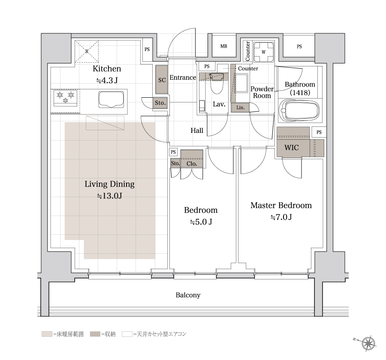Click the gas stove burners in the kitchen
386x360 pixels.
[66, 98]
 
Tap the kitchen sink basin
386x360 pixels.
[111, 99]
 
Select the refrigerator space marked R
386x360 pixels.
[87, 51]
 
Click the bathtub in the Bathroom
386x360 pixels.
[299, 111]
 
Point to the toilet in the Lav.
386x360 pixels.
[217, 83]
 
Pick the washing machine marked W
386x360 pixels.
[264, 52]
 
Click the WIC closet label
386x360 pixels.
[292, 147]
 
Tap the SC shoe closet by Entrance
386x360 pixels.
[162, 79]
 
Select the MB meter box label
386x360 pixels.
[224, 46]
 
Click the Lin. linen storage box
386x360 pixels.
[240, 108]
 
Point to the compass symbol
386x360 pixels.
[368, 343]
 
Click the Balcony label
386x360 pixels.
[188, 295]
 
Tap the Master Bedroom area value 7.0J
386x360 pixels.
[281, 217]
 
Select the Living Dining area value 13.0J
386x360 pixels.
[109, 196]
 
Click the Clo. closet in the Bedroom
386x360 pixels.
[192, 159]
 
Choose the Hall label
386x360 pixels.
[197, 130]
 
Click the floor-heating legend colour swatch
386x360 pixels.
[47, 334]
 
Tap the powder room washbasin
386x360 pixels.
[241, 83]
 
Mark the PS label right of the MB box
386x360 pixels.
[299, 47]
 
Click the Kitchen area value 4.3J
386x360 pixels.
[107, 80]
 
